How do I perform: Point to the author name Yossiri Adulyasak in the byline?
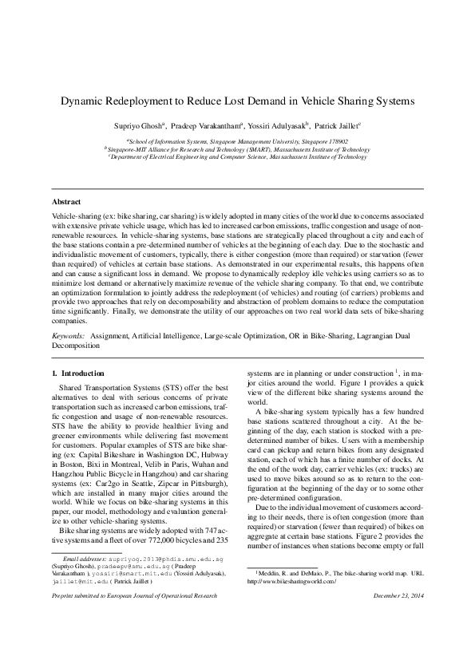click(x=270, y=125)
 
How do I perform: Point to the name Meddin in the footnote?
click(x=267, y=574)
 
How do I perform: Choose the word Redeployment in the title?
click(x=147, y=101)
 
